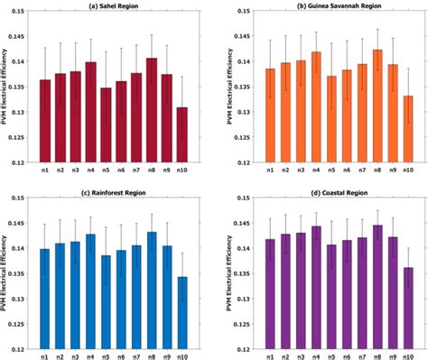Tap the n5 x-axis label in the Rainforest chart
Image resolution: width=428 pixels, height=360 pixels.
[107, 355]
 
